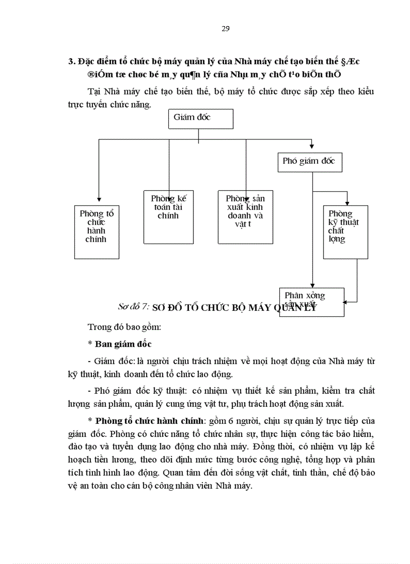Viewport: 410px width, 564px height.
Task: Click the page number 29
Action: click(x=226, y=29)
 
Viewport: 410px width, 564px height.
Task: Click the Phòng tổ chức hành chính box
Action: click(x=96, y=232)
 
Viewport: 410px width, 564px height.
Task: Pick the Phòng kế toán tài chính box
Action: click(x=168, y=217)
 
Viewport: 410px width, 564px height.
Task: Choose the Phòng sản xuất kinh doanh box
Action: click(x=245, y=217)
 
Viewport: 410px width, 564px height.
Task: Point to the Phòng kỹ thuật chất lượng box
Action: click(x=345, y=232)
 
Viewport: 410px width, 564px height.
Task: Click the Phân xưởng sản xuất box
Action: click(x=312, y=301)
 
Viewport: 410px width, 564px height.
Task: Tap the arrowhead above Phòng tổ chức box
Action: click(x=99, y=199)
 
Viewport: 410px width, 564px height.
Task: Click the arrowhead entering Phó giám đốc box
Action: click(x=312, y=146)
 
